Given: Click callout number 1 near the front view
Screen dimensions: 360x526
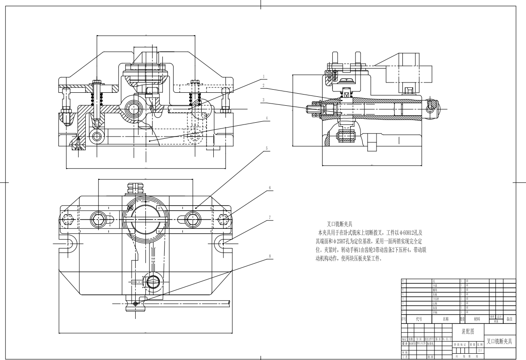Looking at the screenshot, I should pos(264,76).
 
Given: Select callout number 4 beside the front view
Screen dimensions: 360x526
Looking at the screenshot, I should pos(267,119).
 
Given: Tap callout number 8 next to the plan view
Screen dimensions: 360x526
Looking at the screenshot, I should pos(270,256).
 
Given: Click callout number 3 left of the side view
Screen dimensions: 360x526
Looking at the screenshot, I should pos(264,100).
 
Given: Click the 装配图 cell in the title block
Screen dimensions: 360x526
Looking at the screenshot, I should pos(468,331).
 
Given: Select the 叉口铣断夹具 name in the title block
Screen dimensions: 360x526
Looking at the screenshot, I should pos(499,342).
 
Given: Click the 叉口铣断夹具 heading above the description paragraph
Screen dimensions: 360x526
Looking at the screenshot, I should pos(340,224).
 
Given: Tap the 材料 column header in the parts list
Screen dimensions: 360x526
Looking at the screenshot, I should pos(477,319).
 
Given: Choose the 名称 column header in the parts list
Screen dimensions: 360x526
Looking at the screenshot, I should pos(446,319).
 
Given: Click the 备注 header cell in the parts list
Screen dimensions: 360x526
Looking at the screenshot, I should pos(509,319).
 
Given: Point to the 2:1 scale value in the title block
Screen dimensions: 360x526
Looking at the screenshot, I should pos(480,350).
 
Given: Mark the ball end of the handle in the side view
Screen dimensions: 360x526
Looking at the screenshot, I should pos(432,108).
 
